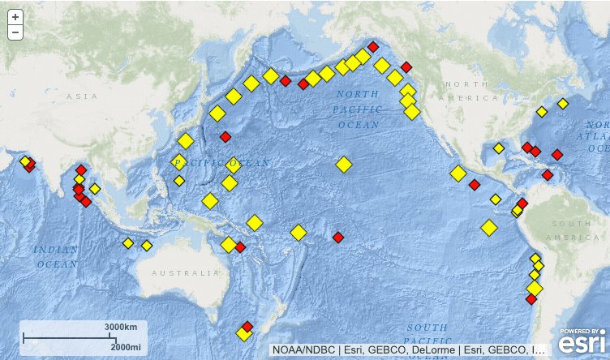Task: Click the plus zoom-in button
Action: pos(15,17)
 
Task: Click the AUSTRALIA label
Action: pos(185,272)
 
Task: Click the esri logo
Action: pos(582,341)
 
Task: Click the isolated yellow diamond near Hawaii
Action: pos(344,165)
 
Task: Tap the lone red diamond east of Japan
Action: pos(225,136)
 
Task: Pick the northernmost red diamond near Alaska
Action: pos(373,47)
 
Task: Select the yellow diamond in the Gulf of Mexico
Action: pos(498,149)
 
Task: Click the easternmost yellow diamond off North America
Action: pos(563,104)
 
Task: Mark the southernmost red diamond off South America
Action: pos(531,299)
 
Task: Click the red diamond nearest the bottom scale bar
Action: pos(247,326)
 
